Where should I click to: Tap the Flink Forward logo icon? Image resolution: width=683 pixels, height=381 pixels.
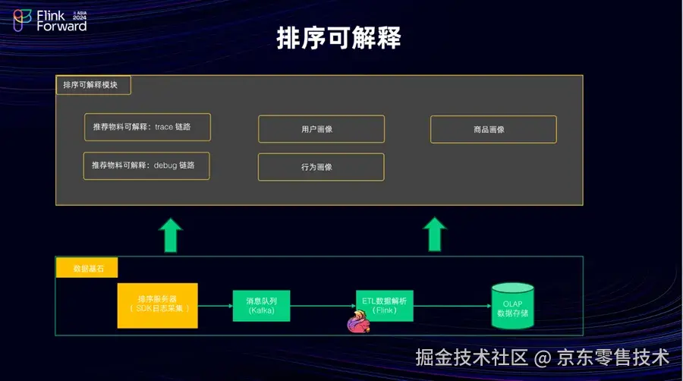[x=23, y=20]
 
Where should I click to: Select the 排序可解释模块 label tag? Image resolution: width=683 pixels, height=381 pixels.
[x=93, y=85]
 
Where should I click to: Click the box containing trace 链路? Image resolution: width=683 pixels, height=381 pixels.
[x=146, y=128]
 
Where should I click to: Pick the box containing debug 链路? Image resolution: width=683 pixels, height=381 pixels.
[x=146, y=165]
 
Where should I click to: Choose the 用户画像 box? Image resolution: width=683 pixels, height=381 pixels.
[x=321, y=129]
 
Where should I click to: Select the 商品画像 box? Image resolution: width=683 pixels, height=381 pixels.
[x=493, y=129]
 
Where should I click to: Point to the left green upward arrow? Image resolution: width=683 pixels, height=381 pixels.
[x=171, y=234]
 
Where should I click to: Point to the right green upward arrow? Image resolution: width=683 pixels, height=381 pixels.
[x=435, y=234]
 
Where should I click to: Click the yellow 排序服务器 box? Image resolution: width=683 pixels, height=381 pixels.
[x=157, y=305]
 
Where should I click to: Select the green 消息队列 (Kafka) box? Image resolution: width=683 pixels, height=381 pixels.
[x=261, y=305]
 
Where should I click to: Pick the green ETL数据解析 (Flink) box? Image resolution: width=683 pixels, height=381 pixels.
[x=385, y=304]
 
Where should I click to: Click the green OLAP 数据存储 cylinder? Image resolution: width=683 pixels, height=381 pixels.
[x=512, y=306]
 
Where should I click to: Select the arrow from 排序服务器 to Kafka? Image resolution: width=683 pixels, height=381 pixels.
[x=215, y=306]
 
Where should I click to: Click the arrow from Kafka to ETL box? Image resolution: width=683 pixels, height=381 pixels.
[x=323, y=306]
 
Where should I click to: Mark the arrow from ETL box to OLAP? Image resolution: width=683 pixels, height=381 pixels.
[x=452, y=306]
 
